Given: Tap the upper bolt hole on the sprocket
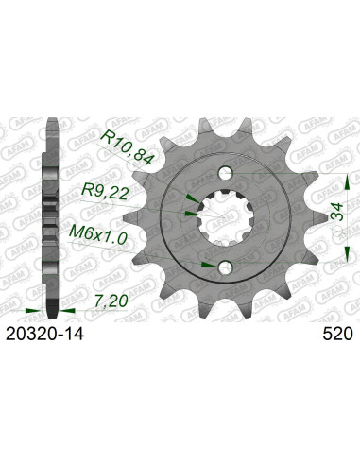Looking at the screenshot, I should click(x=226, y=148).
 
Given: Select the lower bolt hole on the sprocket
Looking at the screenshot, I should click(x=226, y=267).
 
